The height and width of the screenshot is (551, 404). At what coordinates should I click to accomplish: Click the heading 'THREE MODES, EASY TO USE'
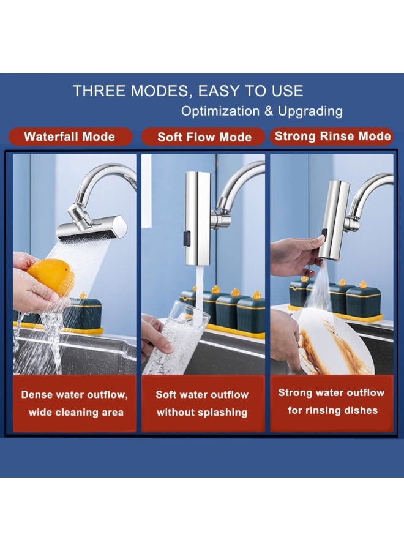click(188, 91)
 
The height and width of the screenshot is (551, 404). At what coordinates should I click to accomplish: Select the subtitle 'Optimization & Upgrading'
click(261, 111)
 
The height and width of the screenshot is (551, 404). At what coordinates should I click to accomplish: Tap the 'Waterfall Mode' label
click(69, 137)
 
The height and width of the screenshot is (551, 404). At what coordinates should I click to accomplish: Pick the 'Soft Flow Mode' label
click(204, 137)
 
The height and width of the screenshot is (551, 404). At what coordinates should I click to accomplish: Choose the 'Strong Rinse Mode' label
click(332, 136)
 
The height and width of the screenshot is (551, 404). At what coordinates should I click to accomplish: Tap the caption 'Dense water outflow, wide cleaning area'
click(75, 403)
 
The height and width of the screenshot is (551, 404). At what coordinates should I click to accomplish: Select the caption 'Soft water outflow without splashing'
click(202, 403)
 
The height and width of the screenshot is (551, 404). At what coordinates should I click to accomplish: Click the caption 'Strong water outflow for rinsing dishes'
click(331, 401)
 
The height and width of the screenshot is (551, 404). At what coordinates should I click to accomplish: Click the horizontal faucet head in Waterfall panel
click(92, 227)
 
